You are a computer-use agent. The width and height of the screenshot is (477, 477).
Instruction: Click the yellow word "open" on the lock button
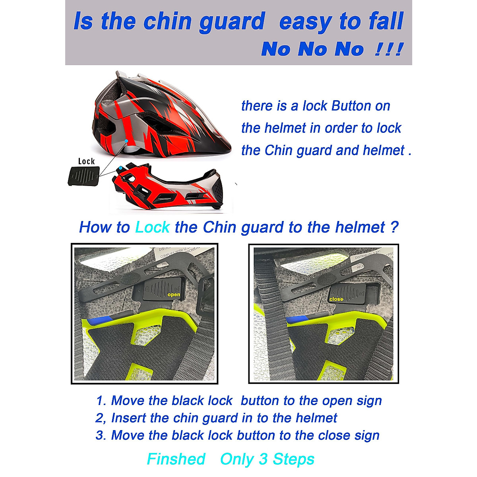[174, 295]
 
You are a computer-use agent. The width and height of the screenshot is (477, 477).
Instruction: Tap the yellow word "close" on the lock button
[336, 299]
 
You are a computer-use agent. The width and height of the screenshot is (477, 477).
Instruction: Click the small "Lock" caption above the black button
[86, 161]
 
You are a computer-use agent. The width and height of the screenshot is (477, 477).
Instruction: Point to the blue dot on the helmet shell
[126, 141]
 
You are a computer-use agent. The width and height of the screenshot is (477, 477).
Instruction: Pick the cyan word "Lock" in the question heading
[152, 227]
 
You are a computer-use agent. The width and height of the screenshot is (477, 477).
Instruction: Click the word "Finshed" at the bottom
[176, 459]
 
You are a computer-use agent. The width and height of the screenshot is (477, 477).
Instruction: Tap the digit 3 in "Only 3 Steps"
[263, 459]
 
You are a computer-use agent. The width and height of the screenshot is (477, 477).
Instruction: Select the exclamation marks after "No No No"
[388, 49]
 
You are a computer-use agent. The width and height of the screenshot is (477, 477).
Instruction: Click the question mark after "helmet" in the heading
[394, 227]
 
